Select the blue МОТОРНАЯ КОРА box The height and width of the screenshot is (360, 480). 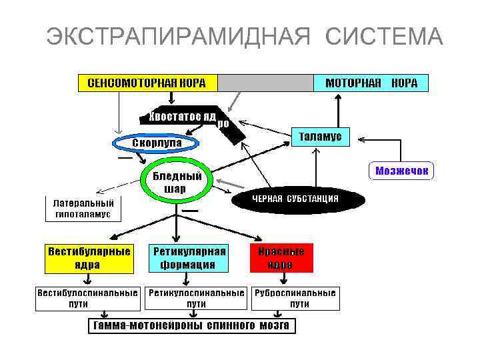[x=371, y=83]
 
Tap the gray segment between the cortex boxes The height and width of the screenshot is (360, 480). [x=266, y=83]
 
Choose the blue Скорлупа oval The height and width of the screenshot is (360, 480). [x=157, y=143]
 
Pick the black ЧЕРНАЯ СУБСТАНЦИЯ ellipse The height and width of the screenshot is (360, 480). [x=295, y=199]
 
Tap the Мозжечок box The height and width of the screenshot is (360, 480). [x=401, y=171]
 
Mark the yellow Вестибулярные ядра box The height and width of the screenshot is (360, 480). [x=88, y=258]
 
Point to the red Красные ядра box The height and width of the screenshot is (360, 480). [x=281, y=258]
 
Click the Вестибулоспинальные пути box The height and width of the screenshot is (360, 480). [x=88, y=298]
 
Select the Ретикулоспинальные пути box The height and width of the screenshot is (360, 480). [x=196, y=298]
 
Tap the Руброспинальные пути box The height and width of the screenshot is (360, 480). [x=295, y=298]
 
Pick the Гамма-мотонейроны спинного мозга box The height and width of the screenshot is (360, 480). [x=192, y=326]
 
